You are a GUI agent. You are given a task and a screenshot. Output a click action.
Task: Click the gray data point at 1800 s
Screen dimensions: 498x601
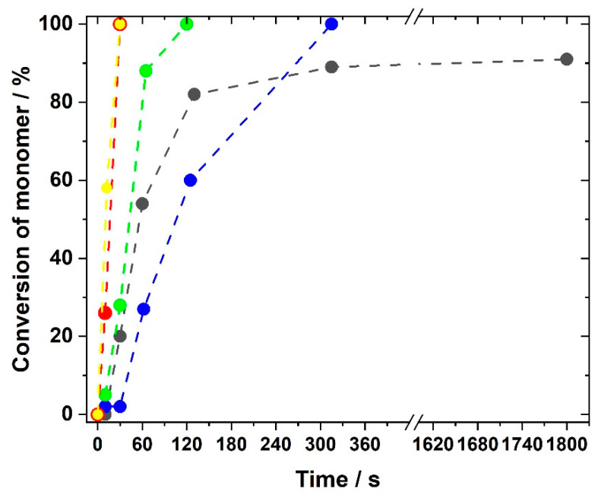(x=566, y=59)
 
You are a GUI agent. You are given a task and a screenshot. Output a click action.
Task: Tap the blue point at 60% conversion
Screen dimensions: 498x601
(x=190, y=180)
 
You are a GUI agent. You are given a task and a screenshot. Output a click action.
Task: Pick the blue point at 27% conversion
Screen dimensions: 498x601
(x=144, y=309)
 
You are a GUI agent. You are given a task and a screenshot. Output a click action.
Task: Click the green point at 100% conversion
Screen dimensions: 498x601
(x=186, y=24)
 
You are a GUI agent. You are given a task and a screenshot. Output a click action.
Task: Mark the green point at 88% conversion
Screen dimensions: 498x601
(x=146, y=71)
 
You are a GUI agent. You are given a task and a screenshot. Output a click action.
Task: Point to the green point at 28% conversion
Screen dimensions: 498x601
(x=120, y=306)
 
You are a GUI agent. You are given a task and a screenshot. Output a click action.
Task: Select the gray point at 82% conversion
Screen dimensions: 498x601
(x=194, y=94)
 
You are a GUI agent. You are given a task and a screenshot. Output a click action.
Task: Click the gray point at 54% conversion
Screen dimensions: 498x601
(x=142, y=204)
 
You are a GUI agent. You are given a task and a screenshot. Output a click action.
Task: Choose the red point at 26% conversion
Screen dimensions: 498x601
(x=105, y=312)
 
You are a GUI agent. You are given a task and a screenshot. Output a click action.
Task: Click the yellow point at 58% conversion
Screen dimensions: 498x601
(x=106, y=188)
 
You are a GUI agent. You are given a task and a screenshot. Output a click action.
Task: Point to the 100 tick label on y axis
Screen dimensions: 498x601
(x=63, y=24)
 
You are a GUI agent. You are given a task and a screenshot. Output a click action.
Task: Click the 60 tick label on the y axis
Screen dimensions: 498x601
(x=68, y=180)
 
